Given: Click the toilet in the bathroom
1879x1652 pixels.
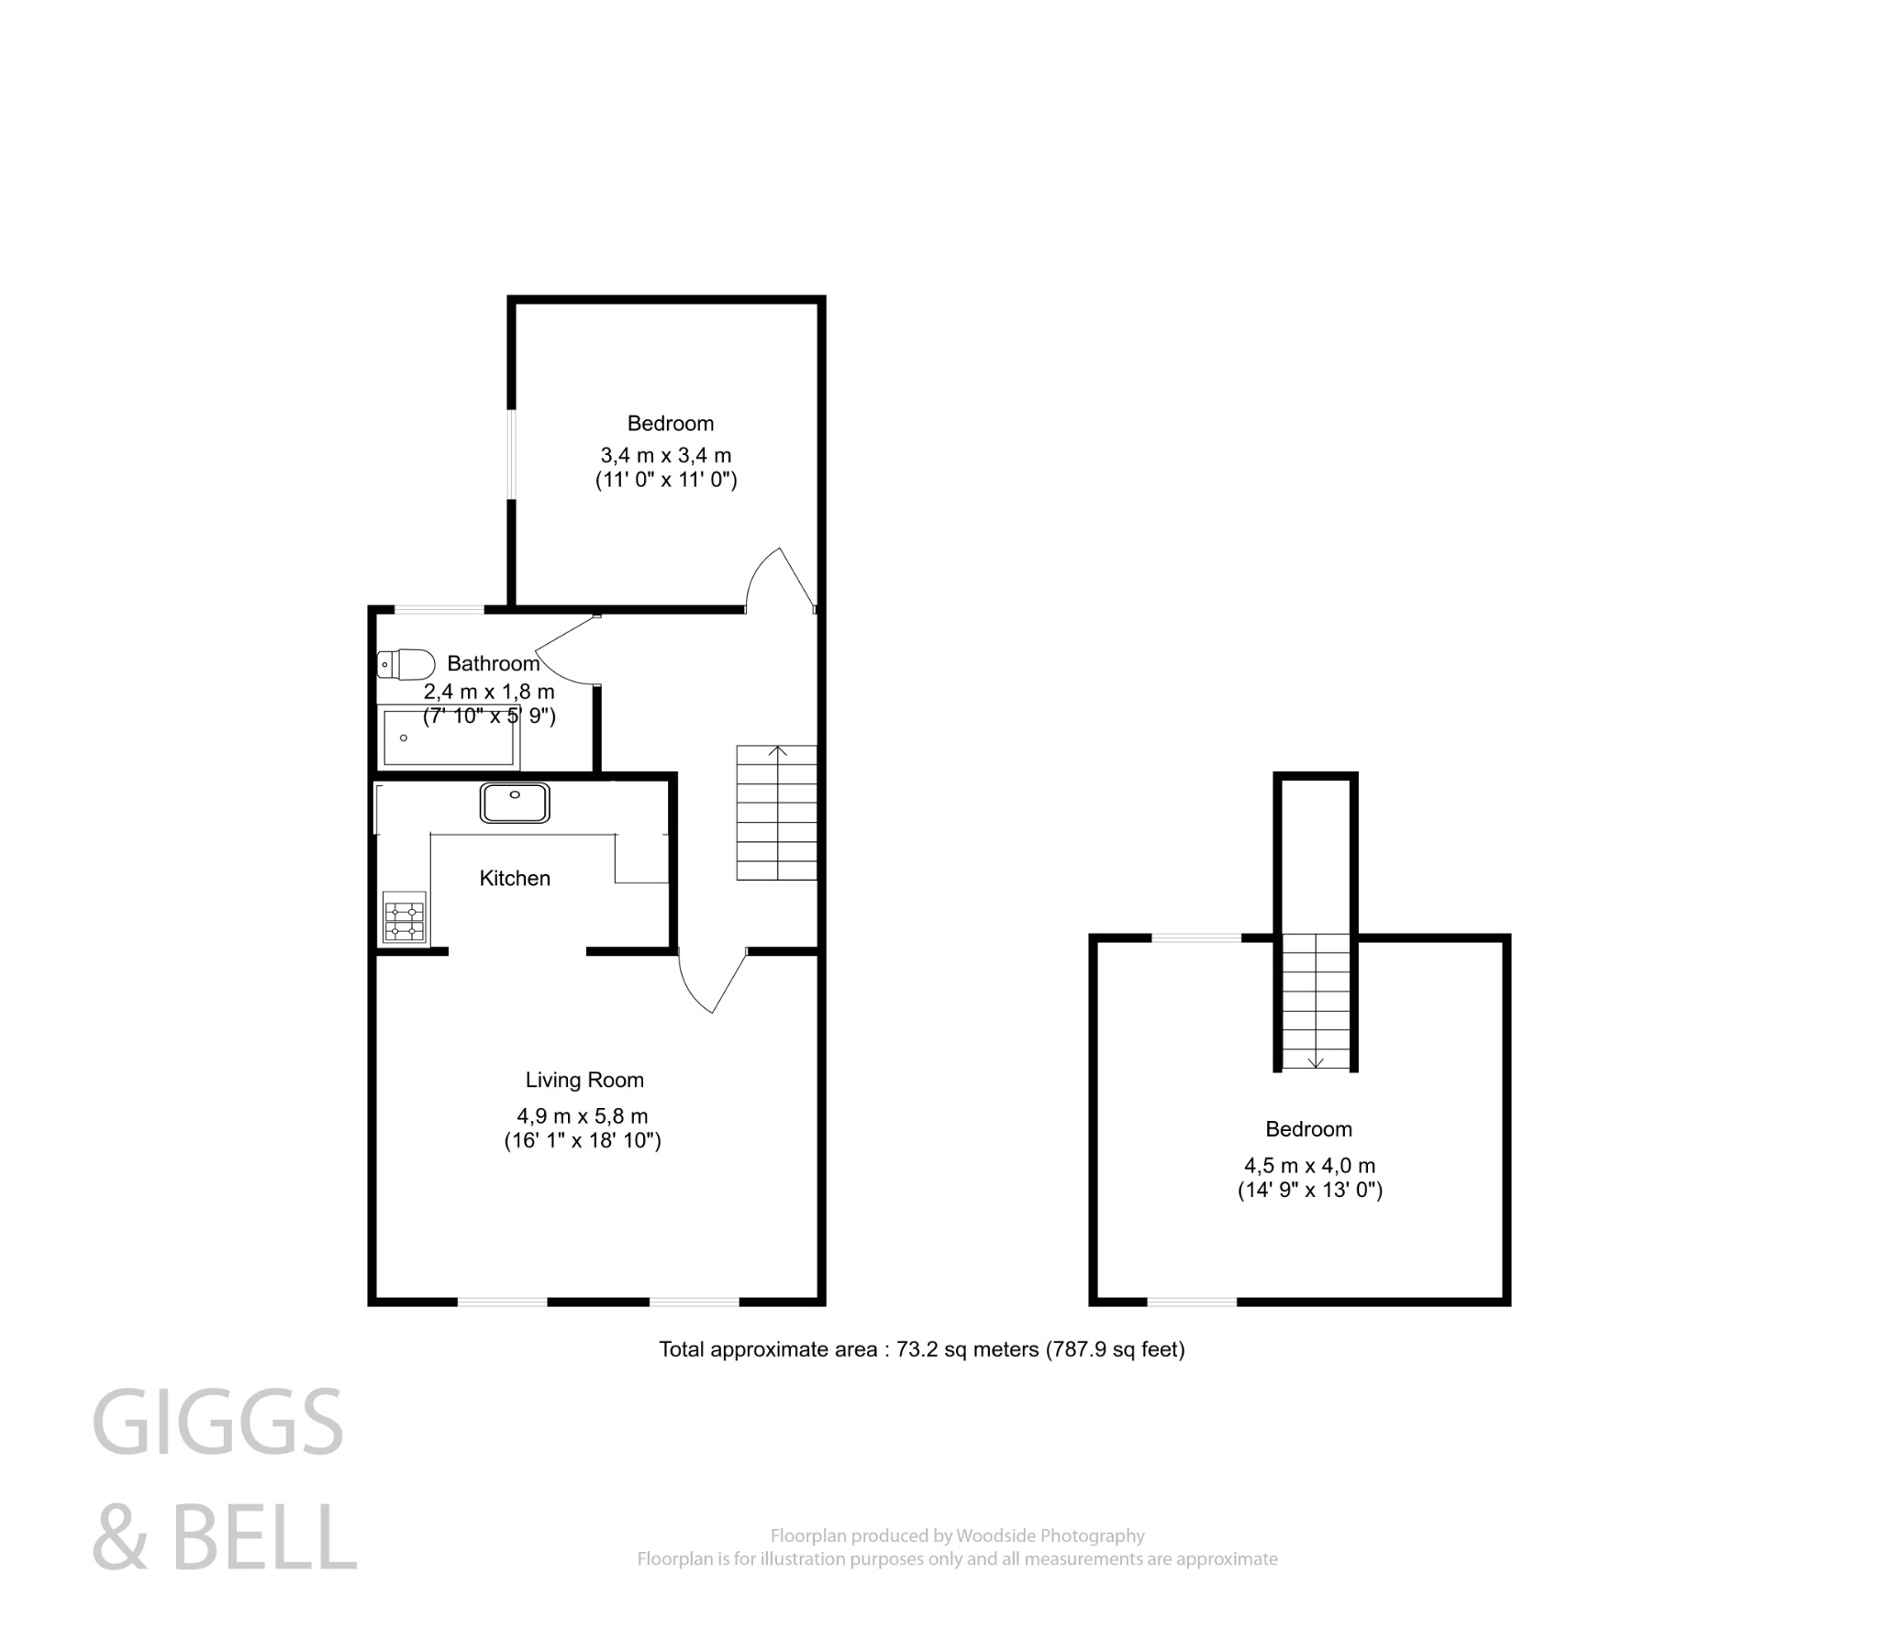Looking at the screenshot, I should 406,663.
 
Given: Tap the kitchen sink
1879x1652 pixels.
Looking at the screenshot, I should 515,803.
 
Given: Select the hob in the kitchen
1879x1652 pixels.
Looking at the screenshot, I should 405,916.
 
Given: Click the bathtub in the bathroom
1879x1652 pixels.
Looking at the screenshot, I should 449,737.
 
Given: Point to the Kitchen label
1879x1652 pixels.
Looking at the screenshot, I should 515,878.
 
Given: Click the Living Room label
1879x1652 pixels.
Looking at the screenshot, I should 584,1081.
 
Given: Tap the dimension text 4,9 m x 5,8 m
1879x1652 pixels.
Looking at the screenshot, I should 582,1116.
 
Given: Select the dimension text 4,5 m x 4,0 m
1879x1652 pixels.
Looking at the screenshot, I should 1309,1166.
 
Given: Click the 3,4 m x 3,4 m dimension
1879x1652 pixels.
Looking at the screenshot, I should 665,455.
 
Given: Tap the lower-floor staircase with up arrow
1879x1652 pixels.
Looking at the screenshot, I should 777,813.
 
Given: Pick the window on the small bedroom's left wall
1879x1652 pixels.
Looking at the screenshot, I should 512,455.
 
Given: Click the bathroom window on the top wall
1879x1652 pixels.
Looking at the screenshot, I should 439,608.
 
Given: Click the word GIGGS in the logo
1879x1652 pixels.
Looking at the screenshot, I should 217,1423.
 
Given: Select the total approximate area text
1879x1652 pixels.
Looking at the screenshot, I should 921,1349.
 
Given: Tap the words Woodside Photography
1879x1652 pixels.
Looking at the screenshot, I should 1050,1536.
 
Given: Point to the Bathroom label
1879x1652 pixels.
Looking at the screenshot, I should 493,664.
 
